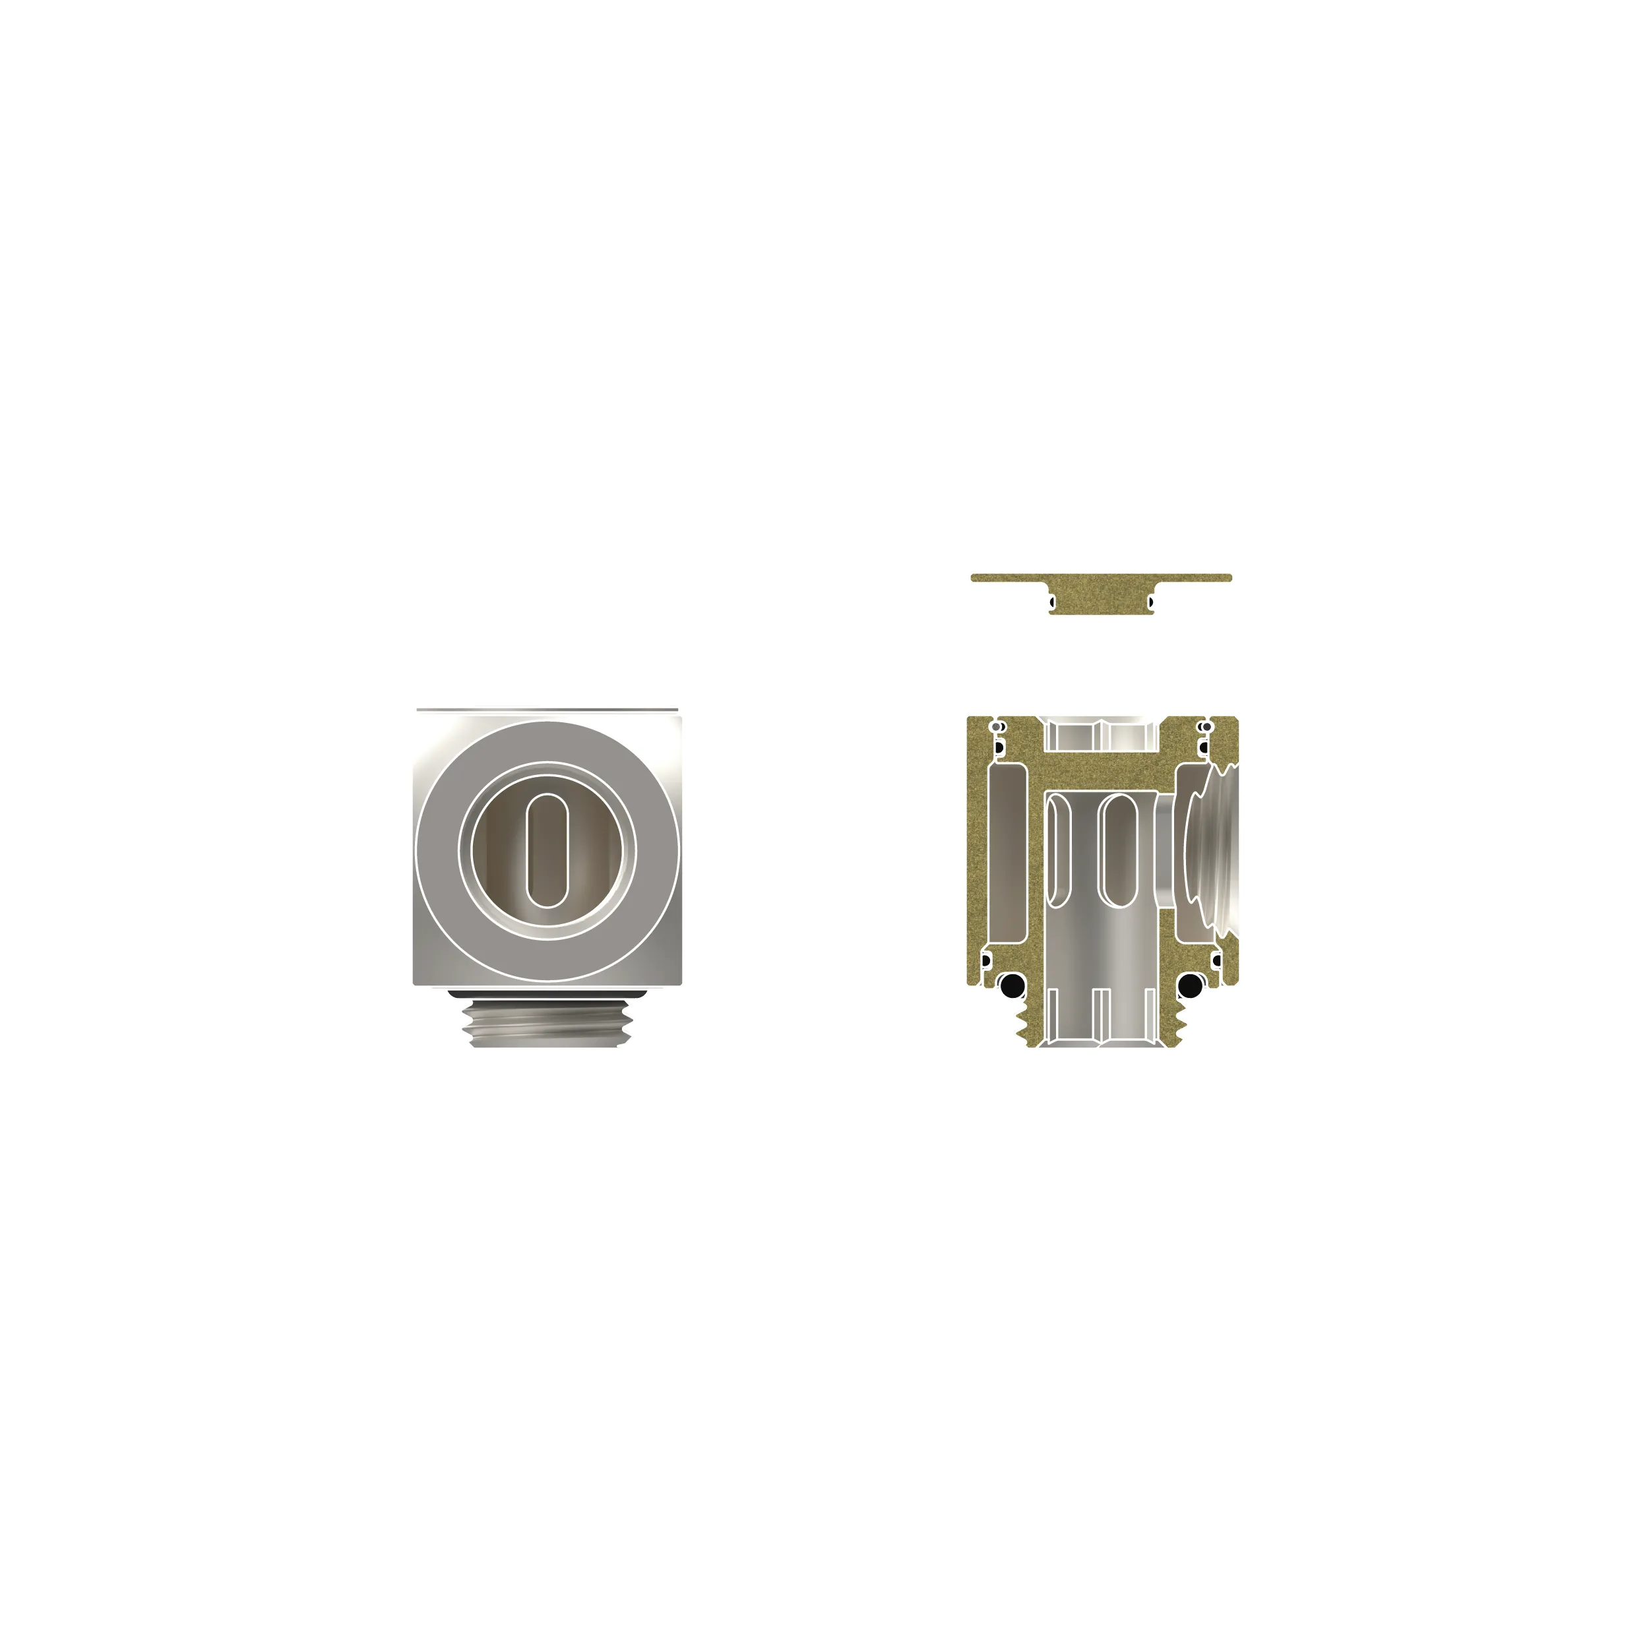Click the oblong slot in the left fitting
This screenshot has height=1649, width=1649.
point(547,850)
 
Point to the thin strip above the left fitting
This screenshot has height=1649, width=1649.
point(547,709)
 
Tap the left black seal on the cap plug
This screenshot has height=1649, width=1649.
point(1052,603)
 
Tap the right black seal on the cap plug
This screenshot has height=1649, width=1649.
point(1150,603)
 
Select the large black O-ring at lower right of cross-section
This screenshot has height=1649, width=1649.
point(1190,986)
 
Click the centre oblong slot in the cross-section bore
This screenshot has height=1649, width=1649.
point(1118,850)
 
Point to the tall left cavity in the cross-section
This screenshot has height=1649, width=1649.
point(1008,854)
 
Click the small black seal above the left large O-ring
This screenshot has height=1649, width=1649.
point(986,961)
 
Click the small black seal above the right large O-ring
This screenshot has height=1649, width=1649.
point(1216,961)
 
